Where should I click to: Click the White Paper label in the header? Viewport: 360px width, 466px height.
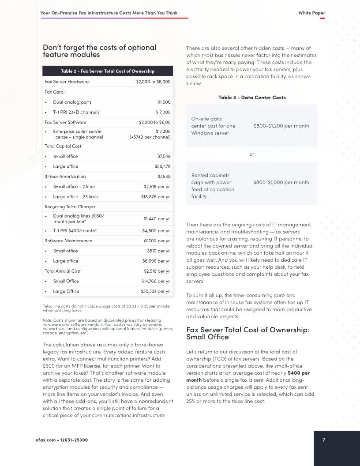click(x=311, y=13)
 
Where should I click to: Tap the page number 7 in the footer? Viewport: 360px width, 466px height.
click(x=323, y=440)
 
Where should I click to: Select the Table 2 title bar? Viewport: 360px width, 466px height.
click(x=108, y=71)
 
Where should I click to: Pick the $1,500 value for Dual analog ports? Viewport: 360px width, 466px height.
click(x=164, y=102)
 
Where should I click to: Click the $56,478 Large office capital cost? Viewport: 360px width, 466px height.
click(x=162, y=166)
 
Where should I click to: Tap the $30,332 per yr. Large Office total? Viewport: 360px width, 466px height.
click(x=155, y=291)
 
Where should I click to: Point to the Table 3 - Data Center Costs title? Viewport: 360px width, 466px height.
click(x=252, y=97)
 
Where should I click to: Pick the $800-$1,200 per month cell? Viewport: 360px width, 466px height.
click(x=281, y=126)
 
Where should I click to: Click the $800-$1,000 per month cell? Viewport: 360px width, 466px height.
click(x=281, y=182)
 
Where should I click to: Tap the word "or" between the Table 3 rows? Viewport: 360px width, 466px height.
click(x=252, y=154)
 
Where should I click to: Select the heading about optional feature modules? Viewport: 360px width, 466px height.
click(x=100, y=51)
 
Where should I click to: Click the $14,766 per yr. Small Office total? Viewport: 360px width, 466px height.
click(x=156, y=281)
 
